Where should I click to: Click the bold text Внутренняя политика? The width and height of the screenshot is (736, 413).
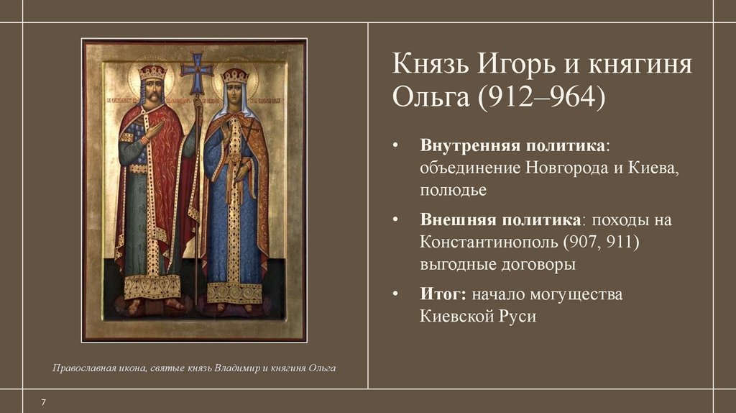coord(513,146)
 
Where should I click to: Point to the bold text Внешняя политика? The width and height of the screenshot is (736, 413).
coord(502,219)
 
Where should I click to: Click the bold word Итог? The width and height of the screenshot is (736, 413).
coord(441,294)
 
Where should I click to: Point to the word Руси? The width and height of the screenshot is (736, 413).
coord(517,317)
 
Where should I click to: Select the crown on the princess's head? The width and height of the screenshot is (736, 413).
coord(234,75)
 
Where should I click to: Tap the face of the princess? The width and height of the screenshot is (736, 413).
coord(234,94)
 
